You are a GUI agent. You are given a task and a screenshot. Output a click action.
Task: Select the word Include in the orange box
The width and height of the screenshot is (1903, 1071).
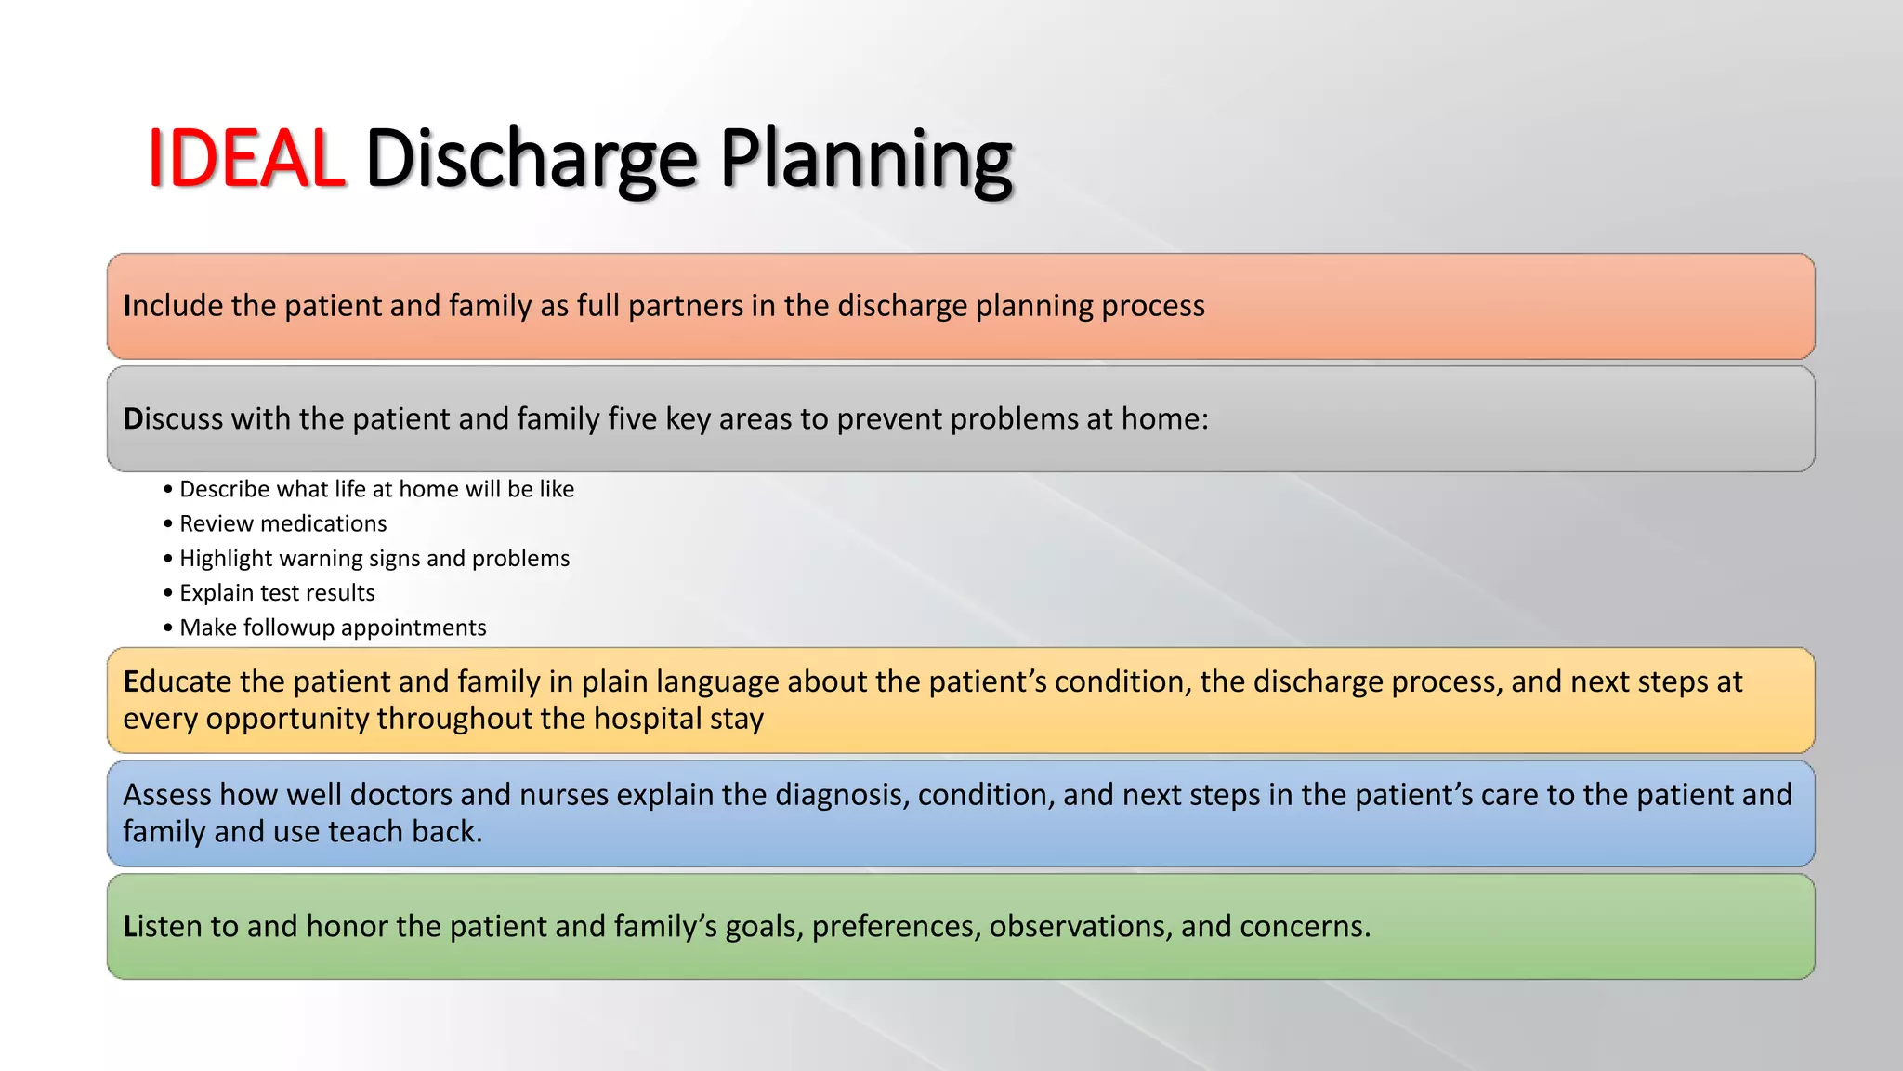coord(173,306)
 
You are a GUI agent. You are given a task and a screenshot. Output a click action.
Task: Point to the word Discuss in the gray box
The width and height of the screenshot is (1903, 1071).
coord(173,419)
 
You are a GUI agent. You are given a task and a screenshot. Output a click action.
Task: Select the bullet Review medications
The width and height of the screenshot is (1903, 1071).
coord(282,523)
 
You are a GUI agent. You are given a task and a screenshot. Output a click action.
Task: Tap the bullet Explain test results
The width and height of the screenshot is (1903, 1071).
coord(277,593)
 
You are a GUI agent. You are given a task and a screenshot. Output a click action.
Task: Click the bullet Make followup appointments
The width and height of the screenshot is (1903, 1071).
coord(333,628)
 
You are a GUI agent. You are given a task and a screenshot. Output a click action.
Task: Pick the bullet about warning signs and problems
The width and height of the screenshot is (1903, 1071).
coord(374,558)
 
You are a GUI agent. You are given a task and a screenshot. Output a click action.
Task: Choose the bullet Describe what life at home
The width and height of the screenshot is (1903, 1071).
coord(376,489)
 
